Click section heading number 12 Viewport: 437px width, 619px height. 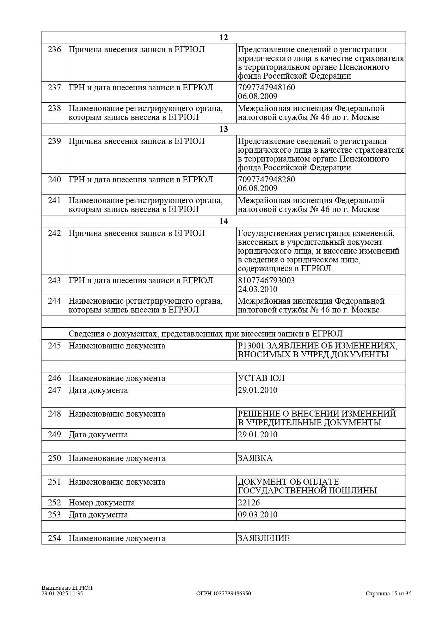(223, 38)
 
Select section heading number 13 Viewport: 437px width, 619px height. (223, 129)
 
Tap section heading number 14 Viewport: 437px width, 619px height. (223, 221)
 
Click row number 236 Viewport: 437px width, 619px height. (54, 50)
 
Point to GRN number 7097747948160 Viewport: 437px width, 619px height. (266, 87)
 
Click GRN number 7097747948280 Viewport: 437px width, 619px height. (266, 180)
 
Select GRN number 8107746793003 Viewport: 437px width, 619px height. (266, 280)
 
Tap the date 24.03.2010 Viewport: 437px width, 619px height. (258, 290)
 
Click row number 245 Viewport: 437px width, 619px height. (54, 346)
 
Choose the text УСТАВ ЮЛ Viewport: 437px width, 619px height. (261, 378)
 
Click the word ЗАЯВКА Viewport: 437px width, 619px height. (255, 459)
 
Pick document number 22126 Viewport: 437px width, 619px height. (249, 503)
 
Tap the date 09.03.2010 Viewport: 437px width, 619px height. (258, 515)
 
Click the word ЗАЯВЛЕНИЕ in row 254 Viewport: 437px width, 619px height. (264, 539)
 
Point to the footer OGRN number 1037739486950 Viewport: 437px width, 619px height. (223, 594)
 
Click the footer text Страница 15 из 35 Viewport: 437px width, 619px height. (388, 594)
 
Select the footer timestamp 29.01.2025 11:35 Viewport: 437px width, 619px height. (62, 594)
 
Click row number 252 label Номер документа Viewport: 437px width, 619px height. (101, 503)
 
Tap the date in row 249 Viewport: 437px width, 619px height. (258, 435)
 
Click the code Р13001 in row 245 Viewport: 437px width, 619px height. (250, 346)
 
